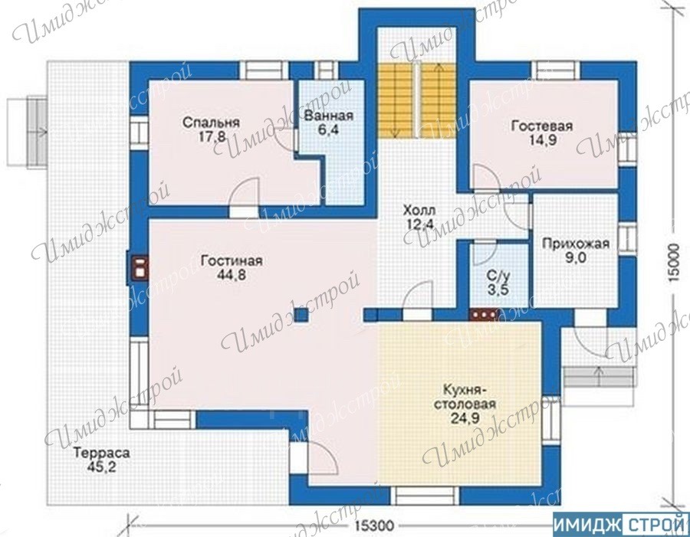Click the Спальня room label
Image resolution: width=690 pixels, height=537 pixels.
[x=212, y=123]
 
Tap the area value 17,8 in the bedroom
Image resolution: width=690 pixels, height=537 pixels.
[x=212, y=137]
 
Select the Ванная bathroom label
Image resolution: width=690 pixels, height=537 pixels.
[x=329, y=116]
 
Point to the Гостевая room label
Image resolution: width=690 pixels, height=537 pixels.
[x=542, y=126]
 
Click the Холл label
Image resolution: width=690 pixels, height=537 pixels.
[x=419, y=210]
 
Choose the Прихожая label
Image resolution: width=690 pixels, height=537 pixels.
[x=576, y=244]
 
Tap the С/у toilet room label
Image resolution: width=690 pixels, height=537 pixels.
[x=498, y=277]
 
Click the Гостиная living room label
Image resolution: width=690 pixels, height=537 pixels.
[x=232, y=260]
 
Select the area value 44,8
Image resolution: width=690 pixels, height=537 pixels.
[x=232, y=275]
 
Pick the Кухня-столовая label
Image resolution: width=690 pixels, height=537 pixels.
[x=465, y=397]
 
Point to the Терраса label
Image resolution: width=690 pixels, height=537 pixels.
[x=102, y=453]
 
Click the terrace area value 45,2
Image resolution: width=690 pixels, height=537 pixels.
[x=102, y=467]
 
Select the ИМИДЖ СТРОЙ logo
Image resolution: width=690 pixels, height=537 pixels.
[x=621, y=525]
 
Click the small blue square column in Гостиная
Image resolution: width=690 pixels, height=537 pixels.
[x=301, y=316]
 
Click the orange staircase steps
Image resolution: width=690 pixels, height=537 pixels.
[x=416, y=100]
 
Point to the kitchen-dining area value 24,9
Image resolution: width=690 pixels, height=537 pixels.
[x=465, y=418]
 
